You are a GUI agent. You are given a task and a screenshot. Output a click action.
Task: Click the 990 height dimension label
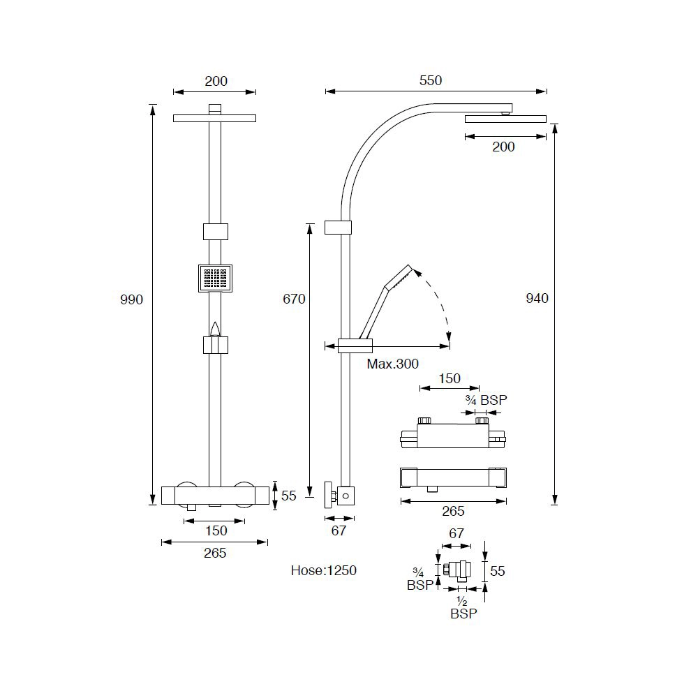(131, 300)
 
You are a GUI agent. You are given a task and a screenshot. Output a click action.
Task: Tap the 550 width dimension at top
(431, 81)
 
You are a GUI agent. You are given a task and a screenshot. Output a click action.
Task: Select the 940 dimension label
(537, 299)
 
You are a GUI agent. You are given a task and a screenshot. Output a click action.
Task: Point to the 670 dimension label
(294, 299)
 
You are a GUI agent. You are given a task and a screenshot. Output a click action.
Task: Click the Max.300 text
(393, 364)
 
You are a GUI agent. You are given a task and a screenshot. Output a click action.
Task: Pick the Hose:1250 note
(323, 571)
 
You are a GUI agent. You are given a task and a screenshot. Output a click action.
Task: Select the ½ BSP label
(463, 607)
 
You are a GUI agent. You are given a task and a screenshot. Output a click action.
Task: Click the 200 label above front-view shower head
(216, 82)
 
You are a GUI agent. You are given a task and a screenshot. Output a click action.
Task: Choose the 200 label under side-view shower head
(503, 147)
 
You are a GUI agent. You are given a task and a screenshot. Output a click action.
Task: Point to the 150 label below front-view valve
(216, 531)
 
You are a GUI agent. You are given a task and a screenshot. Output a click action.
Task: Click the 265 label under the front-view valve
(215, 554)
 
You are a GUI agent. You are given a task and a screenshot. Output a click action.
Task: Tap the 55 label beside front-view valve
(289, 496)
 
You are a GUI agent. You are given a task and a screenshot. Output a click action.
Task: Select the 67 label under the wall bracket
(339, 530)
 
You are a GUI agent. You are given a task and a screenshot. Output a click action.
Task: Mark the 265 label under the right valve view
(453, 512)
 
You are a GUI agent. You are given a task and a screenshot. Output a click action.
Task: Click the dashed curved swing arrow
(440, 300)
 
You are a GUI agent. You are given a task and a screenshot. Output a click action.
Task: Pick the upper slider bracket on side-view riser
(339, 228)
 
